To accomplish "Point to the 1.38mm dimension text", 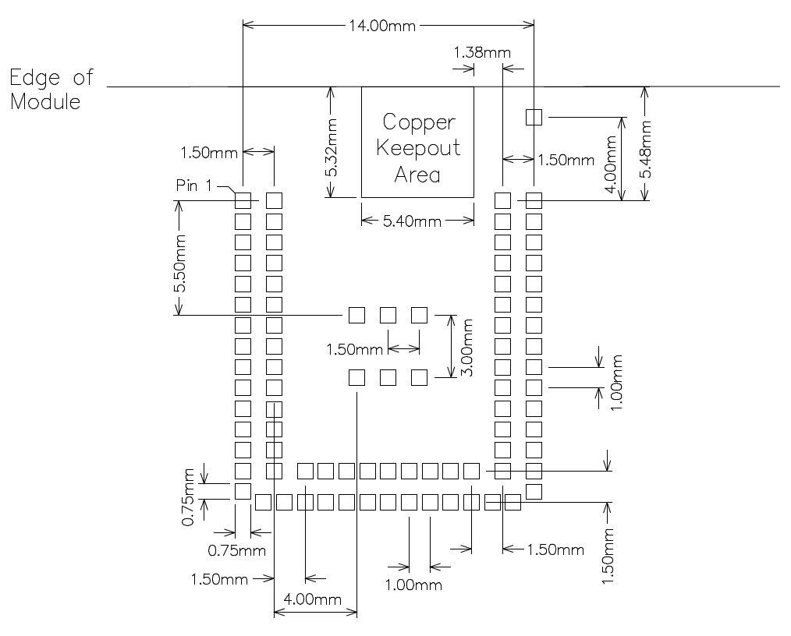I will point(481,53).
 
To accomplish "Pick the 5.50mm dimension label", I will point(180,263).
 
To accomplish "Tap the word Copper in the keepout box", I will point(418,122).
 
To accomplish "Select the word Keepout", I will point(418,148).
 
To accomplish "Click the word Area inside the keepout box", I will point(417,174).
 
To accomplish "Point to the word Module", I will point(45,101).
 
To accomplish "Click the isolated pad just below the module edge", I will point(534,117).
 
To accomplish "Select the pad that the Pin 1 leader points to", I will point(243,200).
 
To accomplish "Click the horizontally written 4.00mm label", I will point(312,599).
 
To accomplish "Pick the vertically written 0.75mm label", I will point(188,497).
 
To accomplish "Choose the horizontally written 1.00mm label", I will point(412,585).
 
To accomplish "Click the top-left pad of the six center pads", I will point(356,315).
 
